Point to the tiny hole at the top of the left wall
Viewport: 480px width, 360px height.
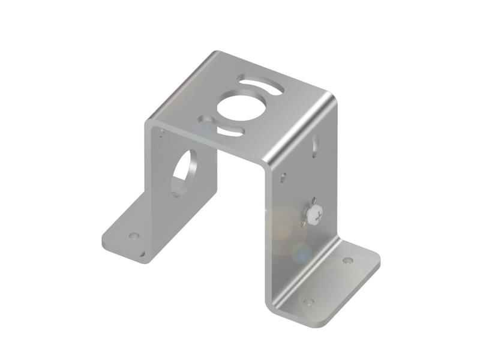click(x=161, y=132)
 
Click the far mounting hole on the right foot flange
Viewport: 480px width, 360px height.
click(x=347, y=260)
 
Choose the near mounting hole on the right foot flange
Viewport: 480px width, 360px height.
click(x=308, y=302)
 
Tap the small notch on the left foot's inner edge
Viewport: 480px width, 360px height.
click(x=142, y=254)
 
